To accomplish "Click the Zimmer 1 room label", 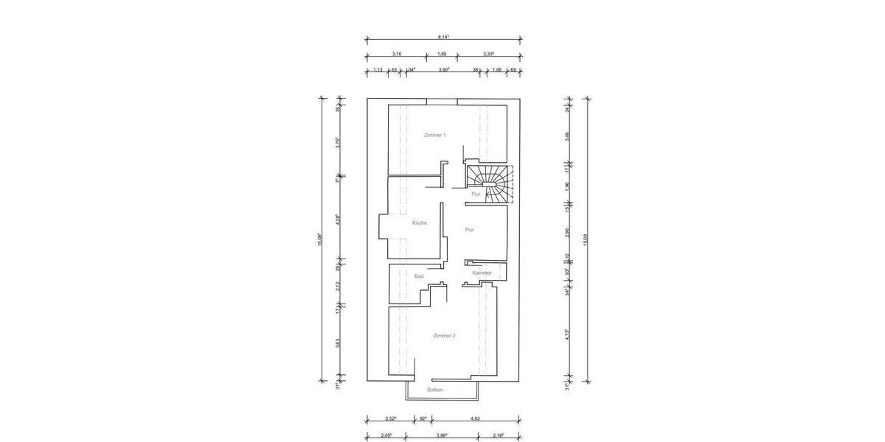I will click(434, 135).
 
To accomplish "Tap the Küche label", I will click(419, 222).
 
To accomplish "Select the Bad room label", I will click(419, 276).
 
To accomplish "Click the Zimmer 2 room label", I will click(444, 335).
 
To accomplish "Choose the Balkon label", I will click(435, 390).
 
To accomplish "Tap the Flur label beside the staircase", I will click(476, 194).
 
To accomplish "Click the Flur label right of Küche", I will click(469, 230).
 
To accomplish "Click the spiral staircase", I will click(489, 182).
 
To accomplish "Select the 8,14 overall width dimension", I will click(443, 36).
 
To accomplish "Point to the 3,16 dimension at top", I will click(396, 54).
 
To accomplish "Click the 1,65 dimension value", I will click(442, 54).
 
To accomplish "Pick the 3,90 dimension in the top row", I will click(444, 69).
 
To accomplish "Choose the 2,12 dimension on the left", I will click(338, 287).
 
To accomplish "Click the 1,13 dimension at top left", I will click(377, 69).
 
